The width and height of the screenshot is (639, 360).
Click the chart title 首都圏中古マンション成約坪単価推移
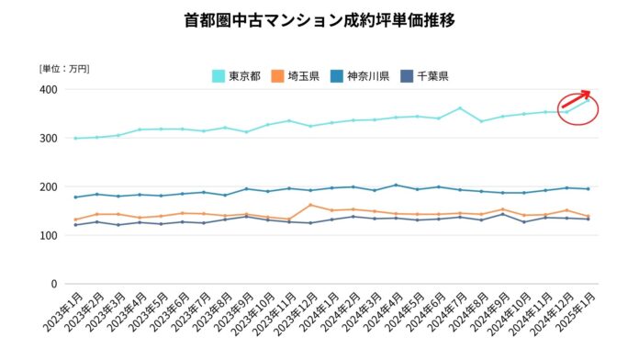(319, 19)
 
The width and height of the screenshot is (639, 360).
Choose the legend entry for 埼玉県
(295, 76)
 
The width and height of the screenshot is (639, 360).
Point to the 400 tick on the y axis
(46, 90)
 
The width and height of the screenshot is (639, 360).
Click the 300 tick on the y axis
(46, 139)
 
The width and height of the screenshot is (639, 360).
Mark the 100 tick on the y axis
(46, 236)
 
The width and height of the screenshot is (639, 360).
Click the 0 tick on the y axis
(52, 285)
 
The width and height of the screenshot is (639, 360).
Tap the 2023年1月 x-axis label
(60, 318)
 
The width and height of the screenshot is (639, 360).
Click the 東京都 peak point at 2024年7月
(460, 108)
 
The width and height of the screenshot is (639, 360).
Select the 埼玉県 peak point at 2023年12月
(311, 205)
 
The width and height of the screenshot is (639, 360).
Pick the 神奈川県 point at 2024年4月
(396, 186)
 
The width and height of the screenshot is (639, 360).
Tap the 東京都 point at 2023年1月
(74, 139)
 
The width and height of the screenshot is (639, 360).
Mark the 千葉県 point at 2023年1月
(74, 225)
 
